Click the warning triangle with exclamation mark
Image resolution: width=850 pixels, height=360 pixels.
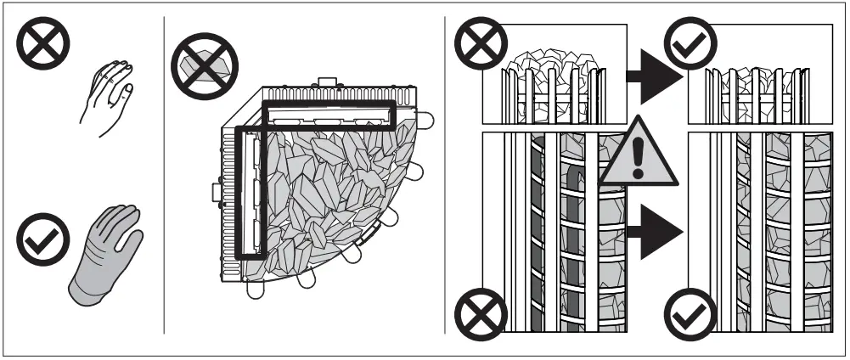(638, 153)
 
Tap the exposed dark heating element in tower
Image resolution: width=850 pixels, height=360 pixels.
(537, 238)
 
